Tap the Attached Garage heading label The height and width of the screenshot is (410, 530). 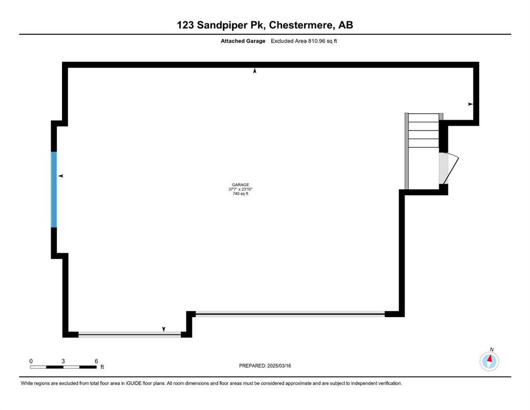click(x=243, y=41)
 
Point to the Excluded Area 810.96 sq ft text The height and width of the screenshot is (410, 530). click(x=304, y=41)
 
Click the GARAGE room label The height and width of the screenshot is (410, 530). click(x=240, y=185)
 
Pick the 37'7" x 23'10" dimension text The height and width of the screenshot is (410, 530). click(x=240, y=190)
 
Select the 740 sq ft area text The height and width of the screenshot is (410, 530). click(x=240, y=194)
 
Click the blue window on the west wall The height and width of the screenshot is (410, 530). click(x=54, y=190)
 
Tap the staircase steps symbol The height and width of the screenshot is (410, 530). click(x=424, y=130)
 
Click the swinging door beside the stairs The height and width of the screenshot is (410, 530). click(x=448, y=169)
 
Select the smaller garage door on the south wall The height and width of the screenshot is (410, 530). click(x=130, y=335)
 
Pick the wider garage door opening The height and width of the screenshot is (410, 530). click(x=290, y=314)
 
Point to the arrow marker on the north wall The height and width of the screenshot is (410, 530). click(x=255, y=71)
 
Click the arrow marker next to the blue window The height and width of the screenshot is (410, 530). click(x=61, y=176)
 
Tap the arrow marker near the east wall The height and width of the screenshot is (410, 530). click(x=470, y=104)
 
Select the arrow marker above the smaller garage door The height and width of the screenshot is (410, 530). click(x=164, y=329)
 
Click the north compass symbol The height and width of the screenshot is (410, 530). click(x=489, y=361)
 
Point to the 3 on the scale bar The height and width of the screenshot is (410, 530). click(x=63, y=361)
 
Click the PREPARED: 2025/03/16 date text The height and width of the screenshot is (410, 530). click(x=265, y=366)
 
